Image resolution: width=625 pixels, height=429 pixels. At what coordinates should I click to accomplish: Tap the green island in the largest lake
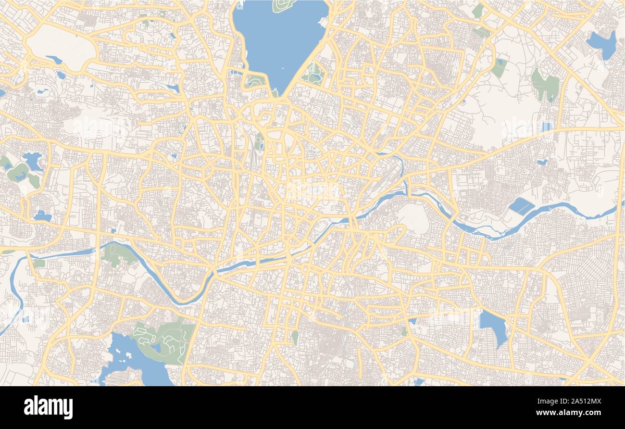click(284, 6)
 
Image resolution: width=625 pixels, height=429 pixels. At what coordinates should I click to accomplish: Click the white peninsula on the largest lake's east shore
click(323, 22)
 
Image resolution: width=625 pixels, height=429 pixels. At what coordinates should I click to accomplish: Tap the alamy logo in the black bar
click(48, 407)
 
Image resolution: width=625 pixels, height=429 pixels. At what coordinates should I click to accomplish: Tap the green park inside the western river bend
click(118, 254)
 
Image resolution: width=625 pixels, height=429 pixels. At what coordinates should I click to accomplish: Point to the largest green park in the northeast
click(546, 84)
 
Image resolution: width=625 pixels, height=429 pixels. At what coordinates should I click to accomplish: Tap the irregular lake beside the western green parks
click(32, 161)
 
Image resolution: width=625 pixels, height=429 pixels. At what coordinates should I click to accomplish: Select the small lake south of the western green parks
click(42, 216)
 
